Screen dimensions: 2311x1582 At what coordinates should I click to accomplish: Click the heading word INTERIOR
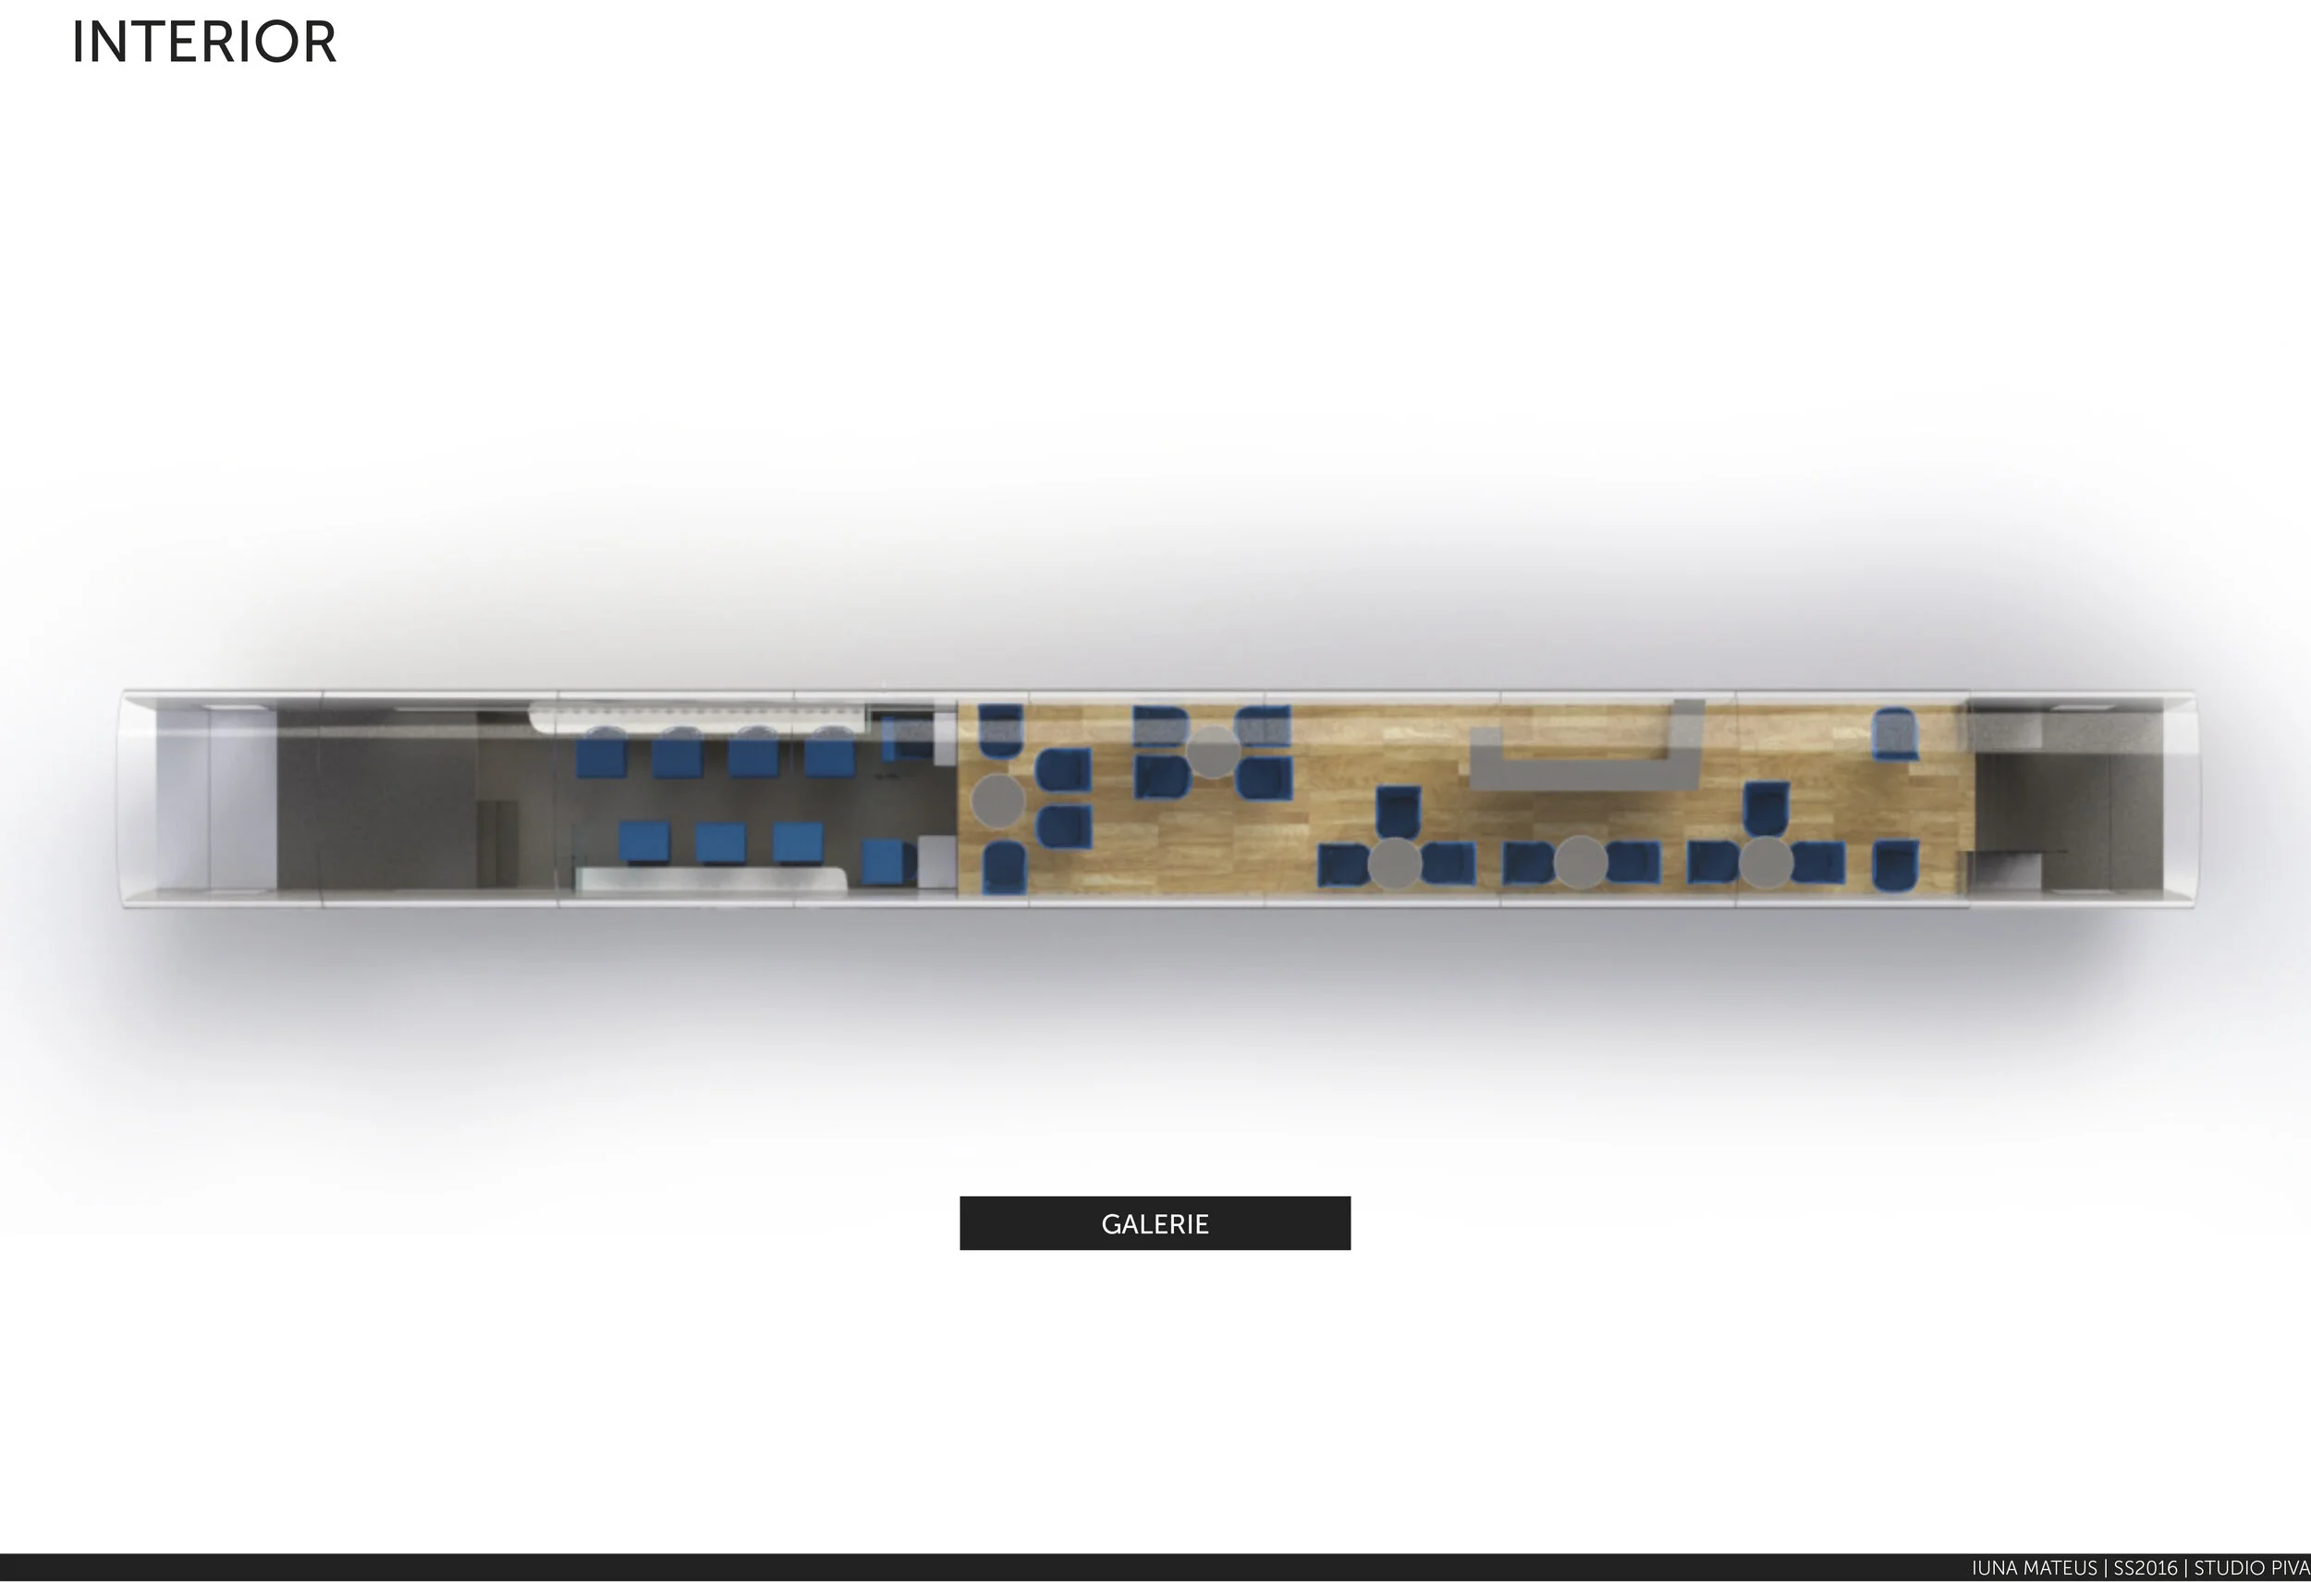pyautogui.click(x=204, y=43)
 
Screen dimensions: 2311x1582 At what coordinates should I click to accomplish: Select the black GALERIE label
pyautogui.click(x=1155, y=1223)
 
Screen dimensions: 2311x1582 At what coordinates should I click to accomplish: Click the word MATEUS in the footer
pyautogui.click(x=2060, y=1568)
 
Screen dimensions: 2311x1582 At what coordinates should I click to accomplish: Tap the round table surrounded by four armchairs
pyautogui.click(x=1213, y=752)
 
